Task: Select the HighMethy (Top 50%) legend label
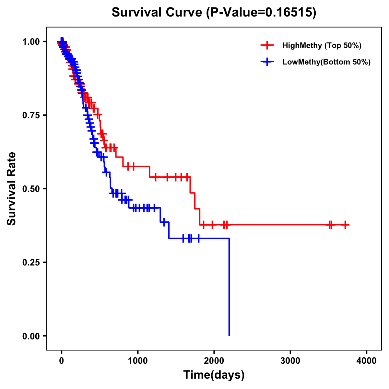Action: pos(322,45)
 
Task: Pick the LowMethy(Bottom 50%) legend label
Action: pos(326,62)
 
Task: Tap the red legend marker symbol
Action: pos(267,45)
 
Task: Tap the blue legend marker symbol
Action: pos(267,62)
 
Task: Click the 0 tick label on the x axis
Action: pos(62,361)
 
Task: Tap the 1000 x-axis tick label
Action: pos(138,361)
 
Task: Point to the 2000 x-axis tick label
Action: pos(214,361)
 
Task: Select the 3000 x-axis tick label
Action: pos(290,361)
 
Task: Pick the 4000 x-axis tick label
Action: pos(367,361)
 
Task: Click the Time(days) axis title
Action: pos(214,375)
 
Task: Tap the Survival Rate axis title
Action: pos(12,189)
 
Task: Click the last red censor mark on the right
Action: pos(346,225)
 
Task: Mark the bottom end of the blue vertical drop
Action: pos(229,335)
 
